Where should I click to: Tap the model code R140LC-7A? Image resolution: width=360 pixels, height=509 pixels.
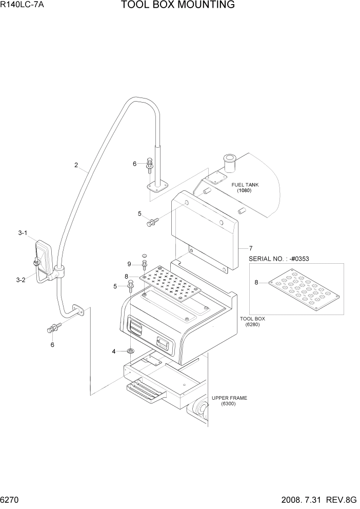click(23, 5)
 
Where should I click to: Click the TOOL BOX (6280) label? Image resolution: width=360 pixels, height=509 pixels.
click(252, 321)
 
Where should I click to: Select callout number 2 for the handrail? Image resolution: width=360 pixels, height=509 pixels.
click(76, 165)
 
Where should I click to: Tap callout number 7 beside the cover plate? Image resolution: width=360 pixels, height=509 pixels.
click(251, 248)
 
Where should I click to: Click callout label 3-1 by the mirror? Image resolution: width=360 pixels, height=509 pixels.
click(23, 233)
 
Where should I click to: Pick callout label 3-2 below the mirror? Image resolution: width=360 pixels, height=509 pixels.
click(21, 280)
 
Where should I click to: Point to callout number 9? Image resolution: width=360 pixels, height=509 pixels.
click(130, 264)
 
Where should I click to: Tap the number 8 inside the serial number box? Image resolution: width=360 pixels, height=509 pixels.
click(256, 282)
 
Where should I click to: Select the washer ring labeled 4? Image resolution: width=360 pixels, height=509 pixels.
click(131, 351)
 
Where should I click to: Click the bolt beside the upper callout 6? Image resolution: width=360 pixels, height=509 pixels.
click(149, 164)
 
